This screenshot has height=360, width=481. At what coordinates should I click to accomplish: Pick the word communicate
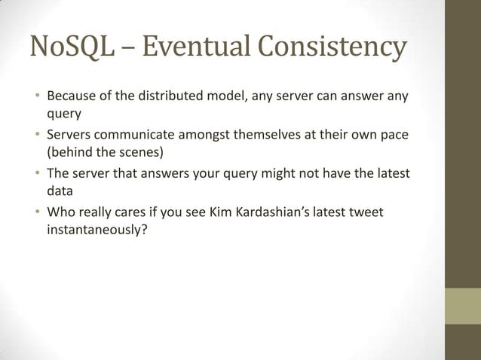(133, 136)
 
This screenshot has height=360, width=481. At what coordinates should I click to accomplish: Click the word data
(60, 192)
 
